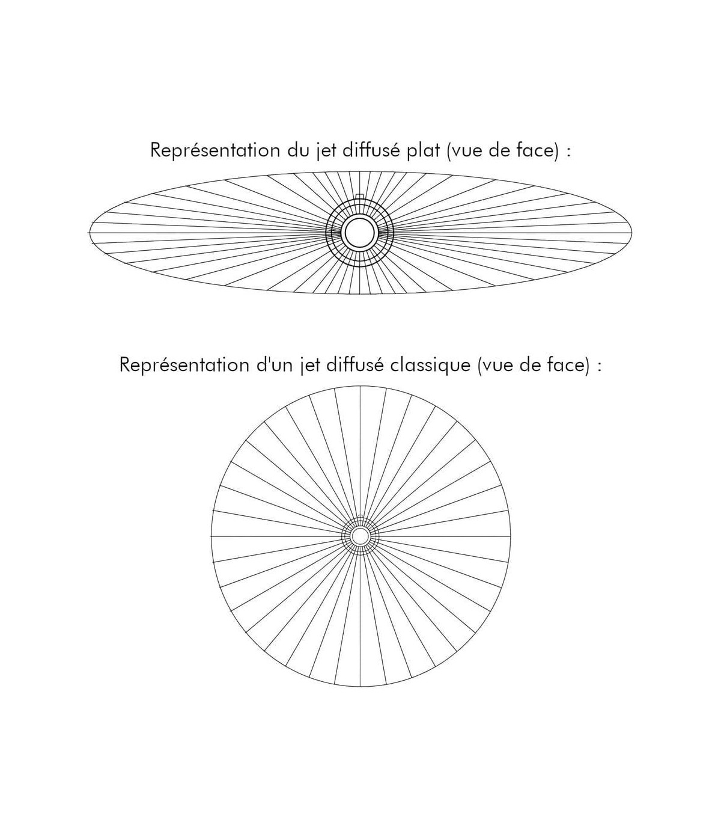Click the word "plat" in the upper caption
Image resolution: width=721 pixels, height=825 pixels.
(x=424, y=150)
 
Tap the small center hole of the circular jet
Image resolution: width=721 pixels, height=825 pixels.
(x=360, y=536)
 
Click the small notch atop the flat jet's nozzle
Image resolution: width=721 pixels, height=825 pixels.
(x=359, y=196)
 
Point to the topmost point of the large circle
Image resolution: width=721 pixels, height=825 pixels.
(x=360, y=386)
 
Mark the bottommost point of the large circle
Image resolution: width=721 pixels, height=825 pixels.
(x=360, y=686)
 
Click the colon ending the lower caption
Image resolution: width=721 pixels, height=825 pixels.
(x=598, y=366)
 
